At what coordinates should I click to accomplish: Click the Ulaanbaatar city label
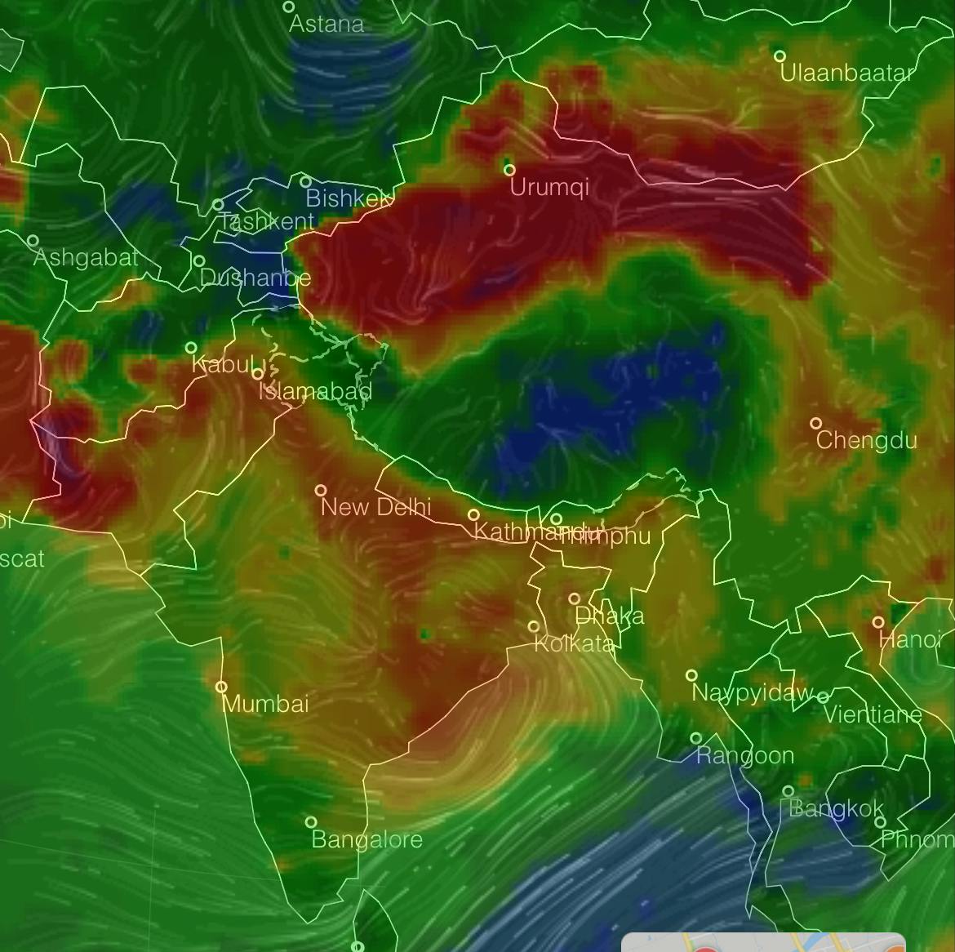pos(846,73)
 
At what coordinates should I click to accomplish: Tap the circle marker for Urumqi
pos(509,170)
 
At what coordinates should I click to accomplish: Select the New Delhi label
pos(375,507)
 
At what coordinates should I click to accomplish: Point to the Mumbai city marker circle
pos(221,687)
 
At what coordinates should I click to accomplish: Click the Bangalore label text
pos(367,839)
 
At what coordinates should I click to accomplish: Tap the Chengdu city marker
pos(815,424)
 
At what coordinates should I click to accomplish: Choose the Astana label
pos(326,24)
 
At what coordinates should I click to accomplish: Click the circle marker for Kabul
pos(191,348)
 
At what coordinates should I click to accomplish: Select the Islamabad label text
pos(316,391)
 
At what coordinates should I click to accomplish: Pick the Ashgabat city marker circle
pos(33,241)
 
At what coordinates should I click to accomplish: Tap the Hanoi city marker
pos(878,622)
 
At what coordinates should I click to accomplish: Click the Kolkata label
pos(574,644)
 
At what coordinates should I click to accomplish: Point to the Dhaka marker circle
pos(575,598)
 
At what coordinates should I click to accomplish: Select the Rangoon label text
pos(745,756)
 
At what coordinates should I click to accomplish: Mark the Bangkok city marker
pos(788,791)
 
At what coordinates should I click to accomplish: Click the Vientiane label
pos(873,715)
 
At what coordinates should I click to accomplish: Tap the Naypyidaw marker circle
pos(691,675)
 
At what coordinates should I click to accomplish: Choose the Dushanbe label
pos(255,278)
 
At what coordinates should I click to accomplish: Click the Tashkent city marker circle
pos(218,205)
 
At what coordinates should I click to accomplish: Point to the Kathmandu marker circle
pos(473,514)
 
